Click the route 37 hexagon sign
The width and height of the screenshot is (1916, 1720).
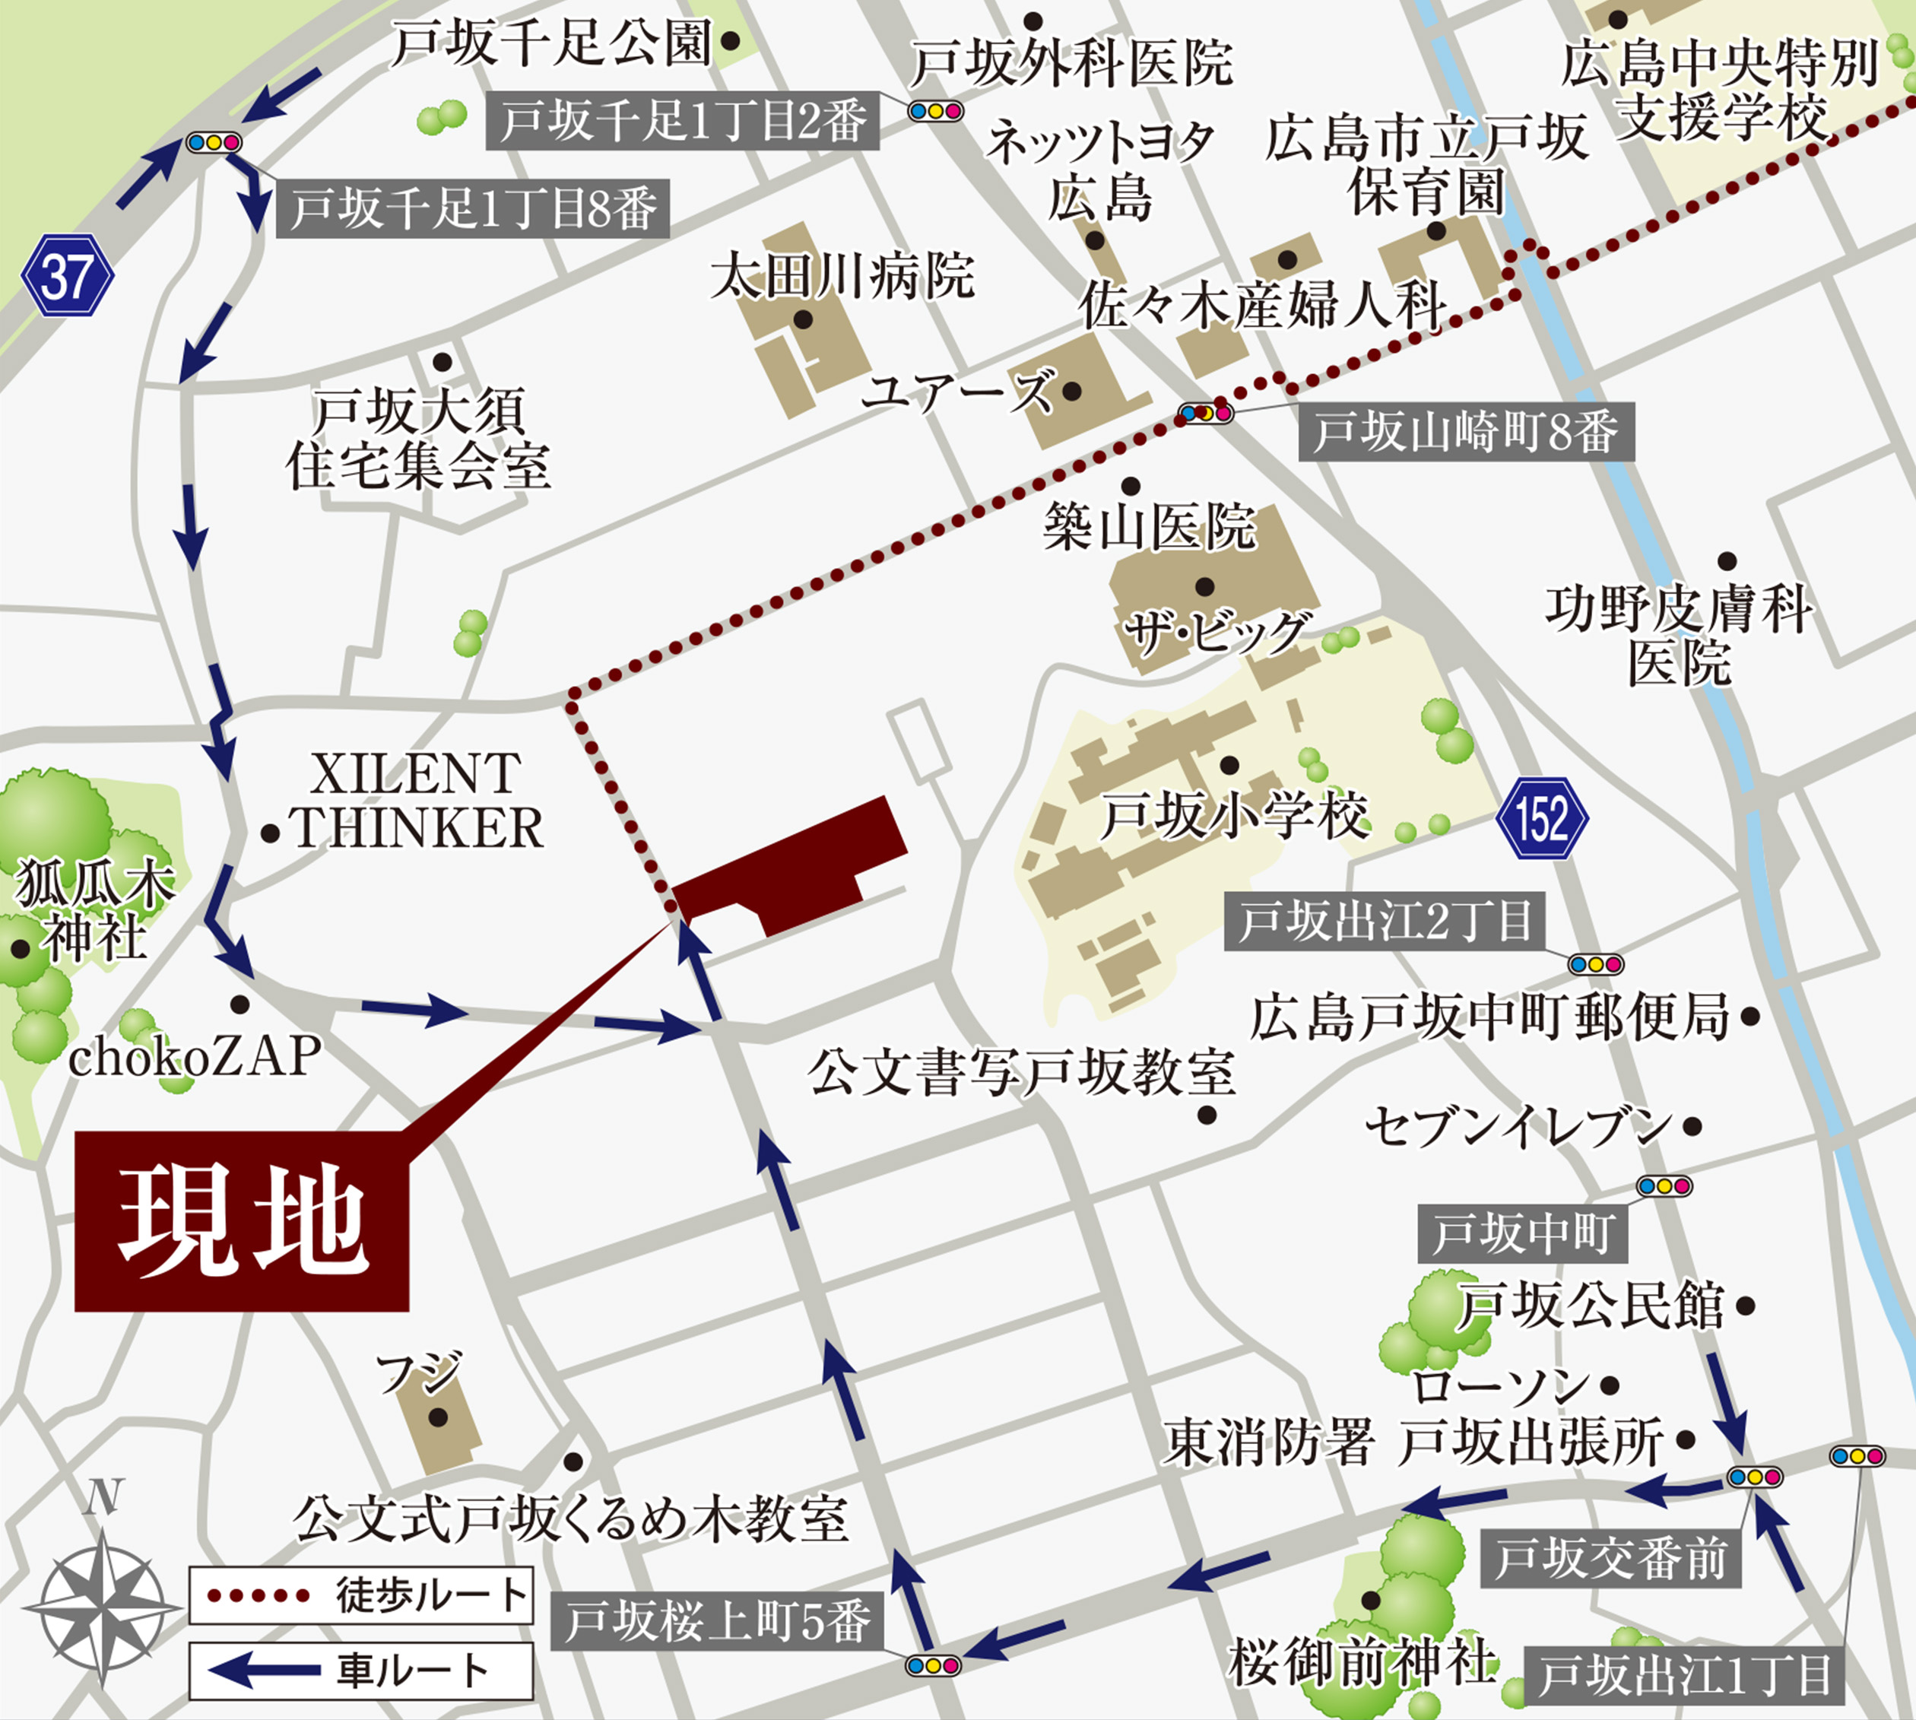67,275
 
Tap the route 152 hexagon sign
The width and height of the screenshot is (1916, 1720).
1542,817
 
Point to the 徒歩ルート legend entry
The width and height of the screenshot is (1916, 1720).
361,1595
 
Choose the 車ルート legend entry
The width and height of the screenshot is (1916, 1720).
361,1671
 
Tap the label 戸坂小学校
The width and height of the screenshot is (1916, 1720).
1233,816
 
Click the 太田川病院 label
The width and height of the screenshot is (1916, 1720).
842,276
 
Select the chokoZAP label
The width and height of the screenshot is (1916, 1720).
195,1055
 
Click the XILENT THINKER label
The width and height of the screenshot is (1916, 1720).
416,801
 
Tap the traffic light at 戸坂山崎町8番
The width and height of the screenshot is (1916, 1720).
1206,413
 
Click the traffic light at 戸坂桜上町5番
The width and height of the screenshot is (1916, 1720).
932,1665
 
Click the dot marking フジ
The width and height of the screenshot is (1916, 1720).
437,1417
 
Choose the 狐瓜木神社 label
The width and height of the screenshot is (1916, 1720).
94,912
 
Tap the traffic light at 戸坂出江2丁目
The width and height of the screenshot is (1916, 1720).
1596,964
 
